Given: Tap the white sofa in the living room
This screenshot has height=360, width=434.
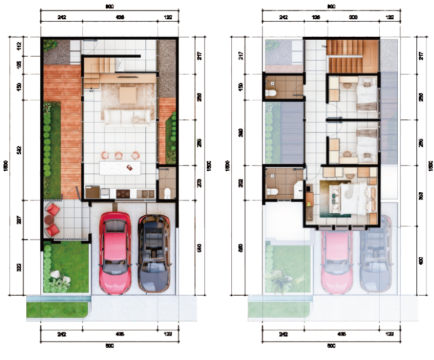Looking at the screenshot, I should coord(126,117).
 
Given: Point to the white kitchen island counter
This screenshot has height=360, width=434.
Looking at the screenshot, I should coord(121,168).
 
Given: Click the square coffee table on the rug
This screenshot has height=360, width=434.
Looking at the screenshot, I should coord(128,95).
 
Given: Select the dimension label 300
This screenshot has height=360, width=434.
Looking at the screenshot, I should coord(353,18).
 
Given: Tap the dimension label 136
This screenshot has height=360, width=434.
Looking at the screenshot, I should coord(315,18).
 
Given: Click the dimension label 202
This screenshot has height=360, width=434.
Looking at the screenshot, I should coord(241,183).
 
